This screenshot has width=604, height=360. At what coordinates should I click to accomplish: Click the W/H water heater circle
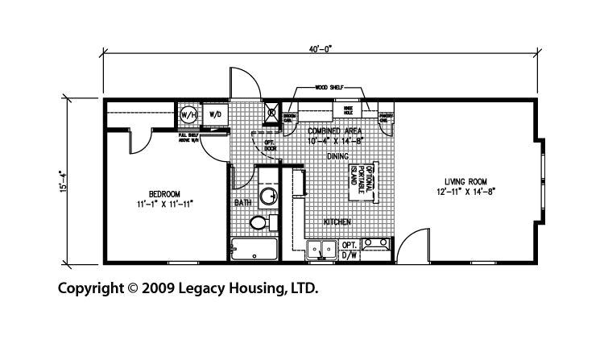pos(188,115)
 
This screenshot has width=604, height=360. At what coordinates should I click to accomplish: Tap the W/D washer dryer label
pos(215,115)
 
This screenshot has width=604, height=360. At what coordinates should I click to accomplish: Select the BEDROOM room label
pos(163,193)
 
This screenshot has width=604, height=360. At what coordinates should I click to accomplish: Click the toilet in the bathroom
pos(259,222)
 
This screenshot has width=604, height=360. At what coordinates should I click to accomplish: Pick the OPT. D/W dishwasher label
pos(350,249)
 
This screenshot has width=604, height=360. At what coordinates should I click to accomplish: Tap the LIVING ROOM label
pos(465,181)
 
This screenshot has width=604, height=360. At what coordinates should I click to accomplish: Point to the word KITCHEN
pos(337,221)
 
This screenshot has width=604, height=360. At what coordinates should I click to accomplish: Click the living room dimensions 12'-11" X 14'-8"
pos(465,192)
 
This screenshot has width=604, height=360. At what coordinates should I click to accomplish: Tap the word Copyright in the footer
pos(85,288)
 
